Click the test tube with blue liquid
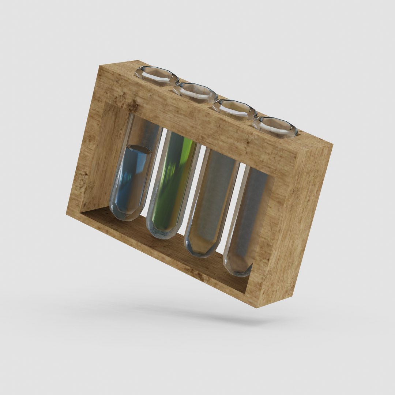click(x=132, y=179)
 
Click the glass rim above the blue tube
click(x=157, y=75)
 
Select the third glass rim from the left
click(x=234, y=109)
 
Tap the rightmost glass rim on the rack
click(x=275, y=127)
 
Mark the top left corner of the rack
click(x=100, y=66)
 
